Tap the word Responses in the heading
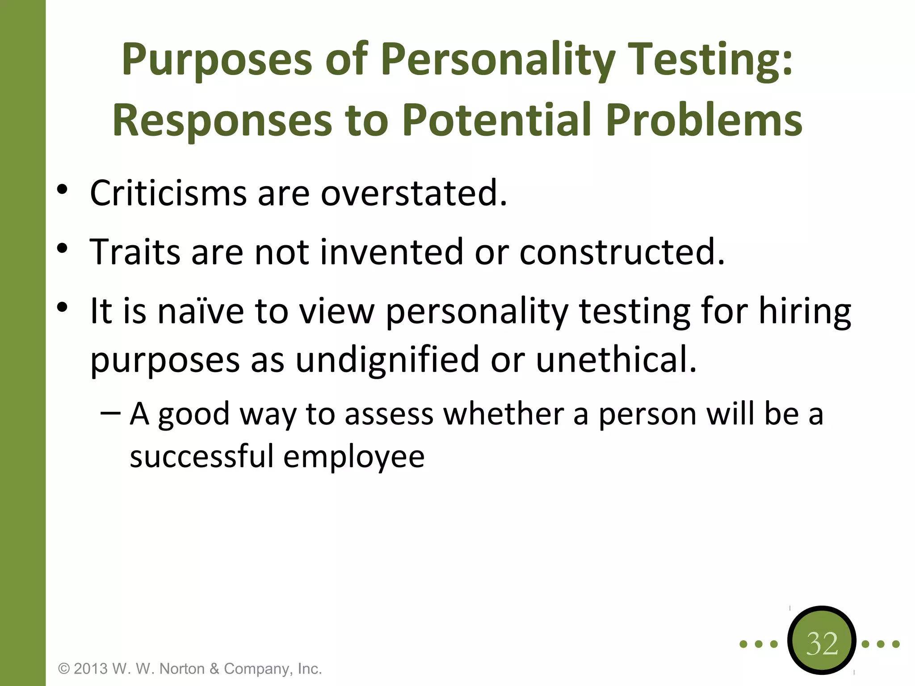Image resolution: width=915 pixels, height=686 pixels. pos(222,121)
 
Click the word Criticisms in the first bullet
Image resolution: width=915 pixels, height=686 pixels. pos(168,193)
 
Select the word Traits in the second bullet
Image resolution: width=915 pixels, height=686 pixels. pos(135,252)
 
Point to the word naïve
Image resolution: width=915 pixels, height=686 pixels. pos(201,311)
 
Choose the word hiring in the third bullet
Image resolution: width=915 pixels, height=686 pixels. pos(805,311)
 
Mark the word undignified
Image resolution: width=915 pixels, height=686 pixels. pos(387,360)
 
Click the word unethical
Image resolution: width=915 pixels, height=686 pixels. pos(616,360)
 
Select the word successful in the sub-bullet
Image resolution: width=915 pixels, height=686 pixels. pos(201,456)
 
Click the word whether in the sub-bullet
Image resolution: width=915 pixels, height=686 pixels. pos(503,414)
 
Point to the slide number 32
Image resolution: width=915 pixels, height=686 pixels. pos(822,644)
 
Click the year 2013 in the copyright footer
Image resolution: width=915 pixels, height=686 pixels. pos(91,669)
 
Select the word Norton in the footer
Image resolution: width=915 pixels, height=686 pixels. pos(182,669)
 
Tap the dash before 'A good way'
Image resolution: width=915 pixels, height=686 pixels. pos(110,413)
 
